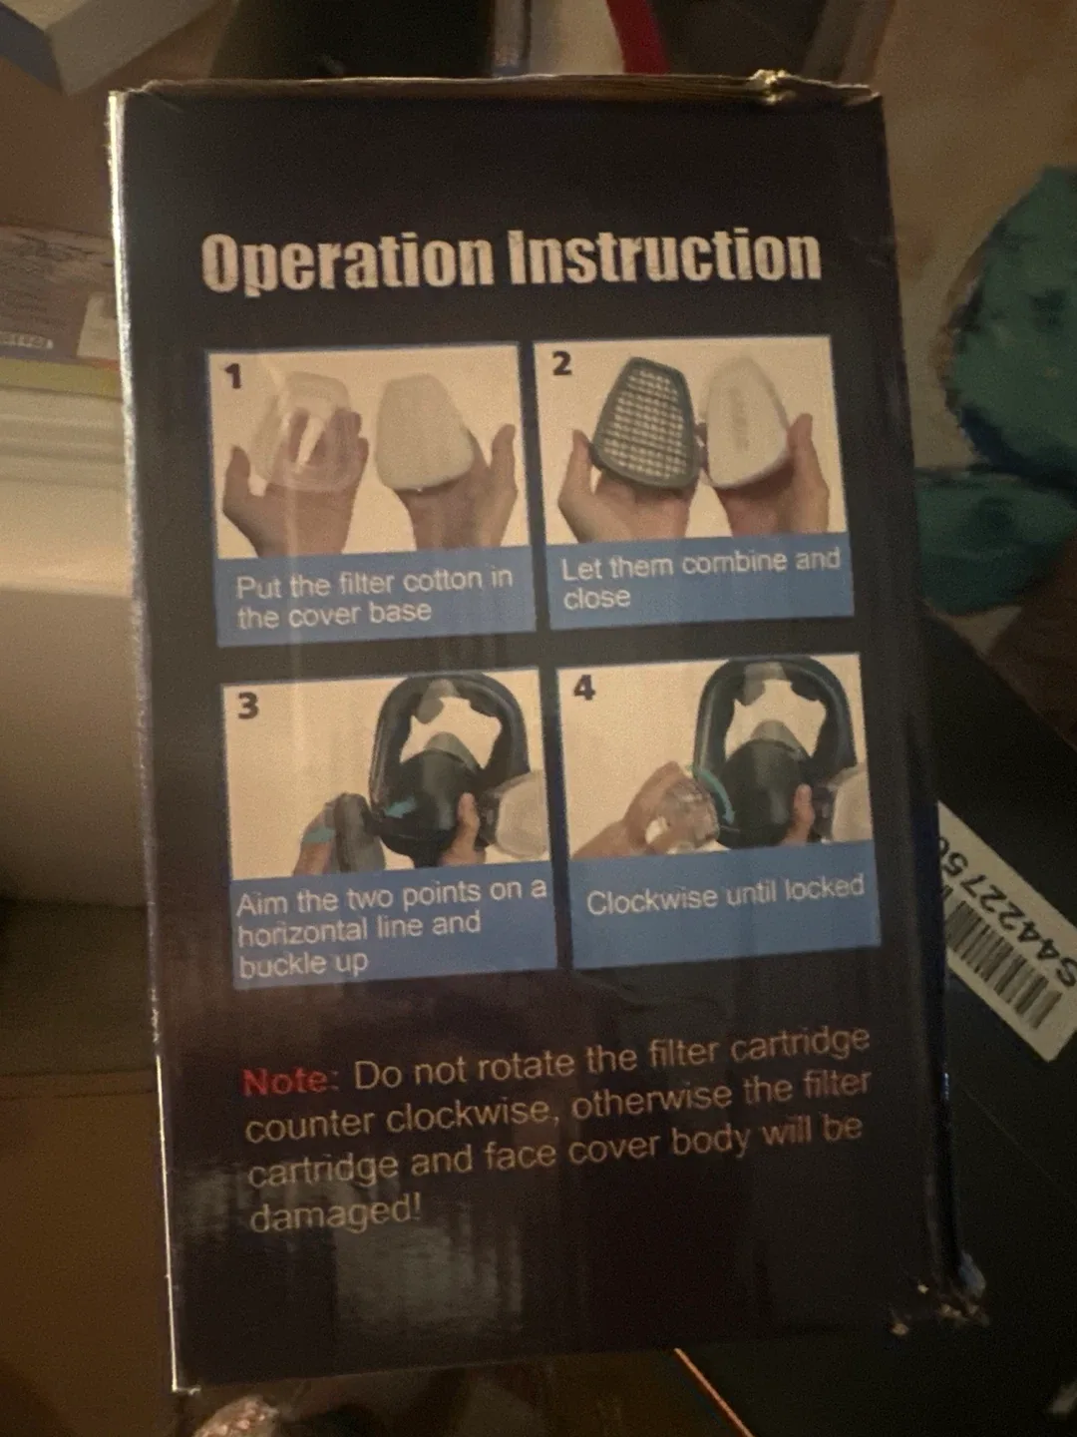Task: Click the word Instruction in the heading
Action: pos(664,255)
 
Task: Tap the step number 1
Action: pos(233,377)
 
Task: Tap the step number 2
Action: pos(561,364)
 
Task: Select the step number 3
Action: pos(247,706)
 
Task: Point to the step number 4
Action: pos(584,687)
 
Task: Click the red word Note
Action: pos(287,1082)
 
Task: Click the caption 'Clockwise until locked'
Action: pos(724,896)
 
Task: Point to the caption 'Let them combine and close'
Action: pos(698,579)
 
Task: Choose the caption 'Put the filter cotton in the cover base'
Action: pos(373,597)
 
